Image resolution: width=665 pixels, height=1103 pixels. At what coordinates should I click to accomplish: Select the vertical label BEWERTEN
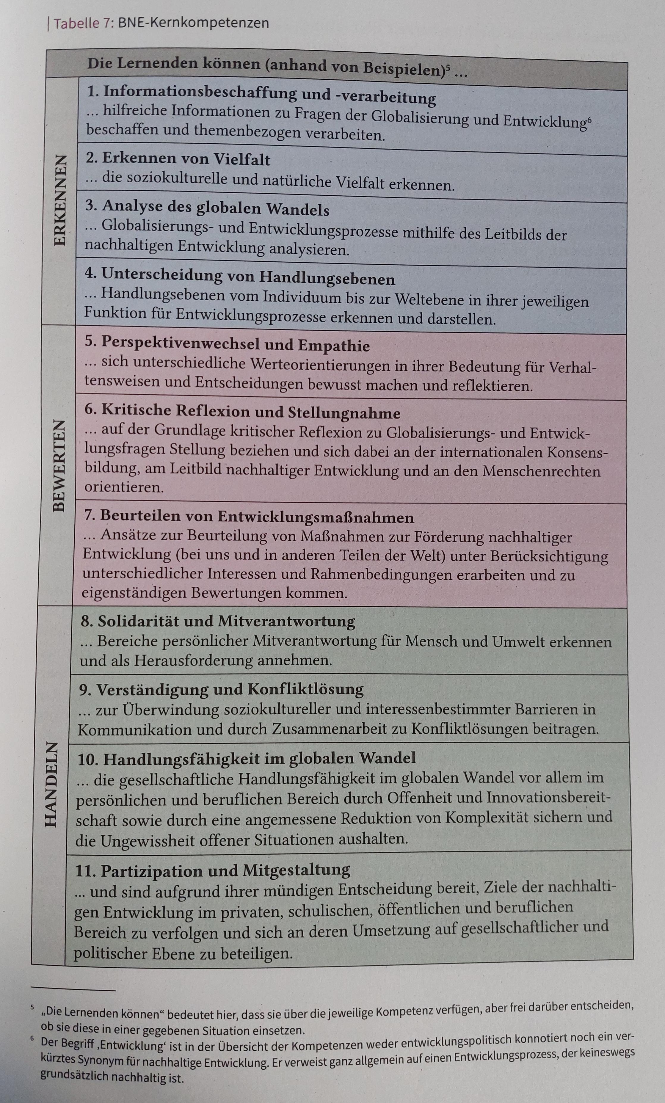59,465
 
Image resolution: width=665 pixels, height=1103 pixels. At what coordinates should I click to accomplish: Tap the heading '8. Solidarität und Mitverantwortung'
218,621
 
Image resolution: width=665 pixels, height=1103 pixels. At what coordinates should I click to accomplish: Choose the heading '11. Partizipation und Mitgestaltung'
212,870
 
